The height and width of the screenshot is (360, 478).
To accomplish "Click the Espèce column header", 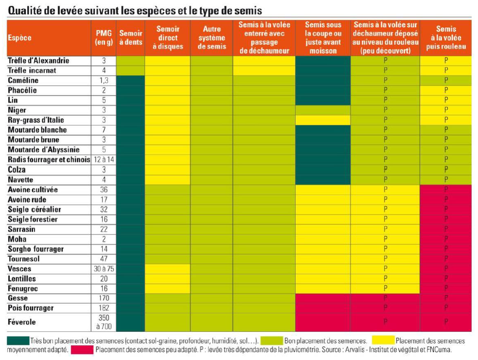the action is pos(19,38).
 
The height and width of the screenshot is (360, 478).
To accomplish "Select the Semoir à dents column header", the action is pos(131,38).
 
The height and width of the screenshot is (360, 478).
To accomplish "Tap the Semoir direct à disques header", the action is pos(168,38).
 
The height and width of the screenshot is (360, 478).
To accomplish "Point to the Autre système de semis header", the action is pos(212,38).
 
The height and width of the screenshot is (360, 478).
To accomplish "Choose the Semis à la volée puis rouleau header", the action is pos(446,38).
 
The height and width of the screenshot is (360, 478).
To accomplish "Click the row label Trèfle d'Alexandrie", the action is pos(38,60).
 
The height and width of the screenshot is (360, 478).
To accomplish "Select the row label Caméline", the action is pos(23,80).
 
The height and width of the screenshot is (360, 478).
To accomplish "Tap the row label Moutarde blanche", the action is pos(37,130).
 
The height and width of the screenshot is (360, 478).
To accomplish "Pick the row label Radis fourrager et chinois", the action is pos(49,160).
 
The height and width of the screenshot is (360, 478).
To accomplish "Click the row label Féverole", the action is pos(22,322).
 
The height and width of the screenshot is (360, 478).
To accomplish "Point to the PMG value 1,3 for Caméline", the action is pos(104,80).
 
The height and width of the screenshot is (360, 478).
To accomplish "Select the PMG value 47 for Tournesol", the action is pos(104,259).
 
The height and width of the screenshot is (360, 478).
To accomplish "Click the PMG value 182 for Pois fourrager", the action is pos(104,308).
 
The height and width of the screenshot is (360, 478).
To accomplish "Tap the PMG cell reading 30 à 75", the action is pos(104,269).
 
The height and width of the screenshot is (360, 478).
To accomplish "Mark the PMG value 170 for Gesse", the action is pos(104,298).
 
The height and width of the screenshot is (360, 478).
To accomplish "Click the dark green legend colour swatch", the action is pos(18,341).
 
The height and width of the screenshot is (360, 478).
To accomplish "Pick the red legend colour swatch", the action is pos(82,350).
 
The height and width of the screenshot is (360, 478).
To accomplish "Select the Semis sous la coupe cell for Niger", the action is pos(323,110).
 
